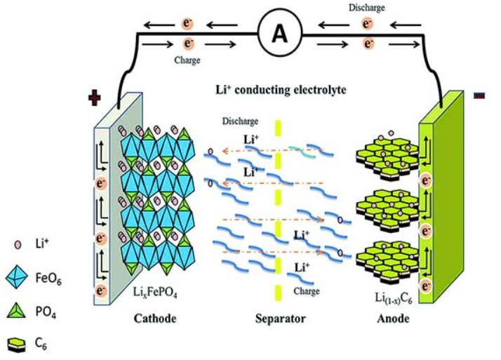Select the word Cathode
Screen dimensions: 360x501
156,319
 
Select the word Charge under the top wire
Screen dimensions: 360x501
191,60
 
